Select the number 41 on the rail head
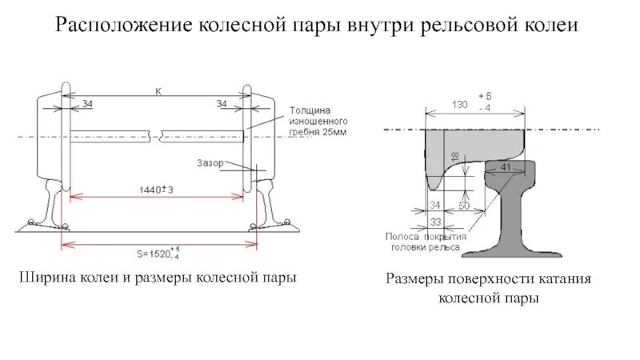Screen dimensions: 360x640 [x=504, y=166]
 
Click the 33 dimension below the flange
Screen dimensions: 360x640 [x=435, y=222]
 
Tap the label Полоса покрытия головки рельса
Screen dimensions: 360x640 [x=423, y=242]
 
